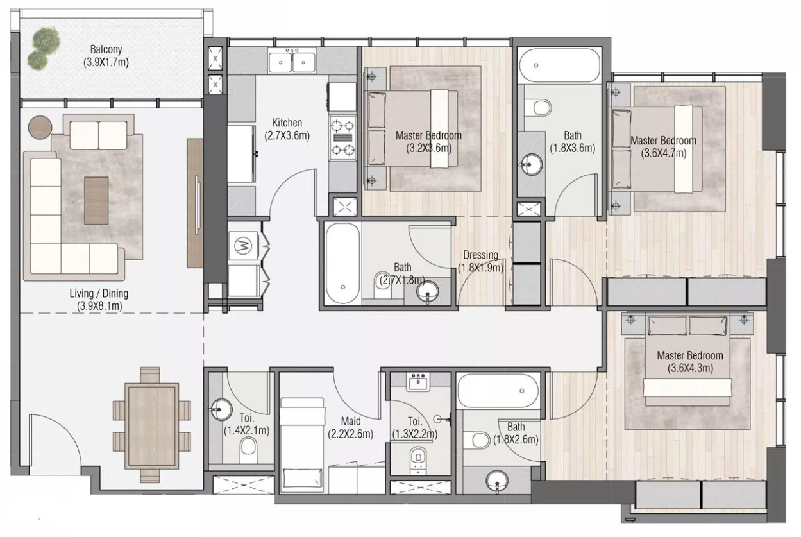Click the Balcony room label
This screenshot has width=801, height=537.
(106, 49)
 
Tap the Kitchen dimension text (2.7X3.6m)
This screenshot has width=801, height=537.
(287, 136)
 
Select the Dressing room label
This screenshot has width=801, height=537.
(480, 255)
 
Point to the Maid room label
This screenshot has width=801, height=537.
(351, 421)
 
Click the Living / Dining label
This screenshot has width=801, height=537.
(99, 293)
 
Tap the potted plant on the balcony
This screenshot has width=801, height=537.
(44, 48)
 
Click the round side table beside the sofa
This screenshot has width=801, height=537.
(40, 128)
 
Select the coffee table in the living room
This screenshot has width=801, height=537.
(97, 200)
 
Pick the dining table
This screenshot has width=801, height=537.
(151, 426)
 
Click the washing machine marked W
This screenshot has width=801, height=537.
(243, 246)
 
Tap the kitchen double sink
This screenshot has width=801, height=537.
(292, 62)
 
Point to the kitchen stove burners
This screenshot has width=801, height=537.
(342, 138)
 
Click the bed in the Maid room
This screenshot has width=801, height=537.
(302, 443)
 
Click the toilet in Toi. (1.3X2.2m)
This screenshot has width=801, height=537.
(417, 459)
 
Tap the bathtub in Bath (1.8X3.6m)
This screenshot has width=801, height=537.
(559, 65)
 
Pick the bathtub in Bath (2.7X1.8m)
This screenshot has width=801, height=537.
(342, 263)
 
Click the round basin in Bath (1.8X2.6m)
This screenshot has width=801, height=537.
(498, 481)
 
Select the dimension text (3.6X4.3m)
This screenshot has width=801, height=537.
(690, 368)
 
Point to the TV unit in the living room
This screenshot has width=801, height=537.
(195, 203)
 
